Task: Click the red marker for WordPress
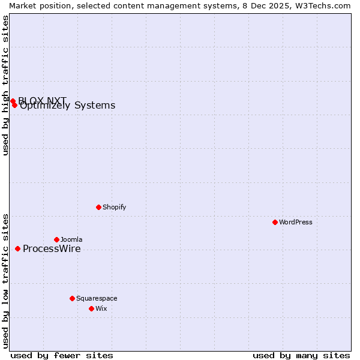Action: click(275, 222)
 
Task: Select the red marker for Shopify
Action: click(98, 207)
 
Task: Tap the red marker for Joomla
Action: click(56, 239)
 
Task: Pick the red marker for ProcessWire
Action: click(18, 248)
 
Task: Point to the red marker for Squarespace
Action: click(72, 298)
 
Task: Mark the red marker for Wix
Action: click(91, 308)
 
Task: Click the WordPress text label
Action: click(296, 222)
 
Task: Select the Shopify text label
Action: click(114, 207)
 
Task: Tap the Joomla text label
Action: click(71, 239)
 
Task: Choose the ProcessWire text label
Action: click(52, 249)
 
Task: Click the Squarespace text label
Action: click(97, 298)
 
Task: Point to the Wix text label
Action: click(101, 308)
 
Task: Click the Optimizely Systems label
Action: click(68, 106)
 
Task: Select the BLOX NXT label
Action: click(42, 100)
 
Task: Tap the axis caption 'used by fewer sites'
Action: click(62, 355)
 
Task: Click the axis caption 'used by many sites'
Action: click(301, 355)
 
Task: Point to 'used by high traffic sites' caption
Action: click(5, 85)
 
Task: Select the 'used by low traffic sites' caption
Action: click(5, 280)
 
